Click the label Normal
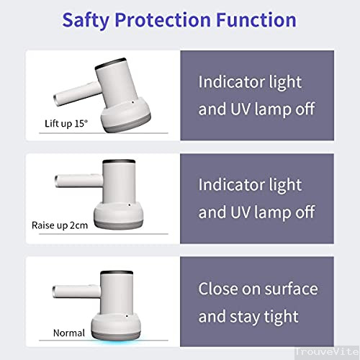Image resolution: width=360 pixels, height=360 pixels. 70,333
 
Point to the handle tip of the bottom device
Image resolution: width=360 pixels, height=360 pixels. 57,291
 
